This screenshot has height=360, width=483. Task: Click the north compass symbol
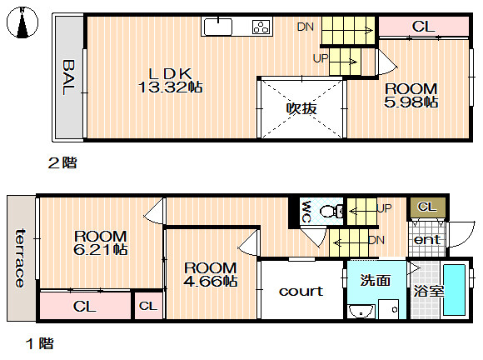[22, 22]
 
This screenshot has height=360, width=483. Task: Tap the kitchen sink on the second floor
[218, 27]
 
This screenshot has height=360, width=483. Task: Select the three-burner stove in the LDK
[261, 27]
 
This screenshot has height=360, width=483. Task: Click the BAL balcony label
[69, 77]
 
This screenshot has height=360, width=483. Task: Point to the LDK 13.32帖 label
[171, 81]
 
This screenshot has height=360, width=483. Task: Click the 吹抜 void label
[301, 108]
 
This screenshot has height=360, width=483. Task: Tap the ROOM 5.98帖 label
[411, 95]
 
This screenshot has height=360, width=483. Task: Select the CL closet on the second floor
[424, 27]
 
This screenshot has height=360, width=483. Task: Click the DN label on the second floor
[306, 27]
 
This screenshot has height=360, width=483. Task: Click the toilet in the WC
[331, 211]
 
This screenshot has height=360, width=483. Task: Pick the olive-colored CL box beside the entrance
[427, 207]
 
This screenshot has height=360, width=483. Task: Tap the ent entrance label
[427, 239]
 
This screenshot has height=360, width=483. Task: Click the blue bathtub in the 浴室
[454, 290]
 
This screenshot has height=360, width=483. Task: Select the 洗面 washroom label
[376, 280]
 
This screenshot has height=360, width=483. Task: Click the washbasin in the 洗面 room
[361, 312]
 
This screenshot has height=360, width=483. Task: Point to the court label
[301, 292]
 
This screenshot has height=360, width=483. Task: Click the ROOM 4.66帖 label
[211, 274]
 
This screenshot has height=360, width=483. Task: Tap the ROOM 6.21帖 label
[101, 242]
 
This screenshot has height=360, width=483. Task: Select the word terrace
[20, 258]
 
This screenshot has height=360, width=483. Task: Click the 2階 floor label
[62, 162]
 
